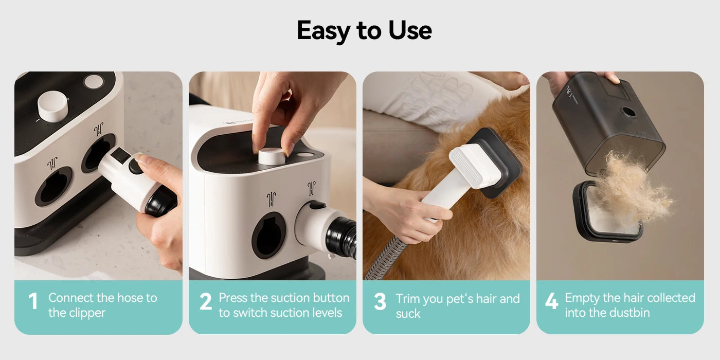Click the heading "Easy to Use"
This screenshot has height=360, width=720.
[364, 30]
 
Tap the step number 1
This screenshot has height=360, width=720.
[33, 302]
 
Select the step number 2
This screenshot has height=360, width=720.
[206, 302]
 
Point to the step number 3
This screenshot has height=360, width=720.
[380, 302]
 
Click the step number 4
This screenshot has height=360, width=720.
[551, 302]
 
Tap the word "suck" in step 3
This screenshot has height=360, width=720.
[408, 314]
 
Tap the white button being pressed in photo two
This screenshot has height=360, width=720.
[271, 156]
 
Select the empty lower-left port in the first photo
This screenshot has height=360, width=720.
[53, 186]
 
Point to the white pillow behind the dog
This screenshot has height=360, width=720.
[432, 98]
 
